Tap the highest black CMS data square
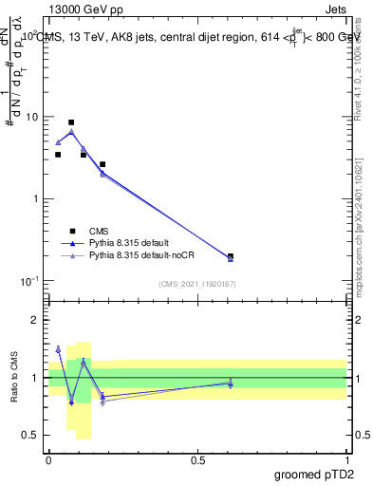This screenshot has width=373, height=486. (71, 122)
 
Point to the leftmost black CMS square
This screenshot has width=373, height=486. (58, 155)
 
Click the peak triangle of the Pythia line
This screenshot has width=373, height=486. (71, 132)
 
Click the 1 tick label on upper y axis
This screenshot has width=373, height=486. (36, 199)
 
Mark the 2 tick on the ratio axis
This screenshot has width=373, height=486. (36, 321)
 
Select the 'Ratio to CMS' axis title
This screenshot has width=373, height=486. (13, 378)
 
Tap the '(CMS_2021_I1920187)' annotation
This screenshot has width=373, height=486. (197, 284)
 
